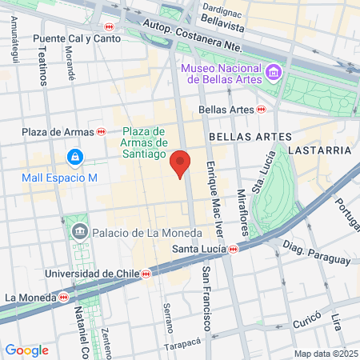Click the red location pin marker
[181, 163]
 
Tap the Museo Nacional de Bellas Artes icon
[274, 74]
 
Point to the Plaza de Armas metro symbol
[102, 132]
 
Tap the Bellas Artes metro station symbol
[261, 110]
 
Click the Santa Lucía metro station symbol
[233, 250]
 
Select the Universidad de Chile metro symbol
[146, 274]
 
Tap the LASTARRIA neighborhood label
[318, 150]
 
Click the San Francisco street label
[206, 298]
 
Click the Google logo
[26, 350]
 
